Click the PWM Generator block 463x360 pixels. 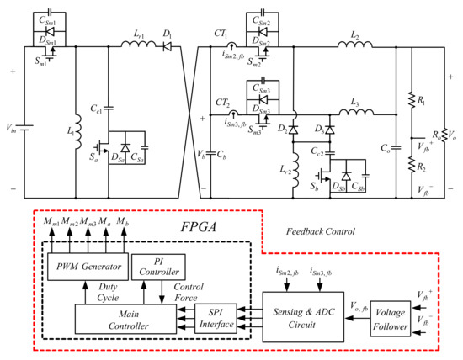tap(85, 267)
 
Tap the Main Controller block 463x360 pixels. tap(122, 319)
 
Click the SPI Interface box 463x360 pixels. tap(216, 319)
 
